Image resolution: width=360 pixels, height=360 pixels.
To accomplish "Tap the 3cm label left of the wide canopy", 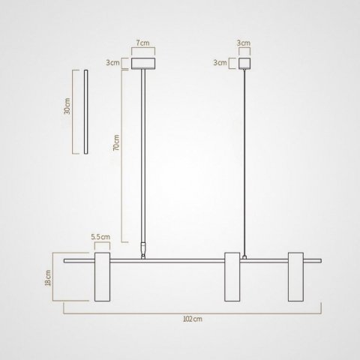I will [112, 63].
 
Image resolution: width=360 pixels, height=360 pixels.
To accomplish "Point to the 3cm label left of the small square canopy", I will [219, 63].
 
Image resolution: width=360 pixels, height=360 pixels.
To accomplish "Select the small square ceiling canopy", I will [244, 64].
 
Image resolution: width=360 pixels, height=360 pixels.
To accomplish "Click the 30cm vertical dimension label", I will [67, 109].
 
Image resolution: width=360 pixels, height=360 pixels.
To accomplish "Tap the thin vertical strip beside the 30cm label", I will [87, 112].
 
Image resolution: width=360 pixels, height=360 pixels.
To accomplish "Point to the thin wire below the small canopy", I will [244, 150].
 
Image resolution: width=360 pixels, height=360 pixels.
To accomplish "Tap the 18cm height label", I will [47, 278].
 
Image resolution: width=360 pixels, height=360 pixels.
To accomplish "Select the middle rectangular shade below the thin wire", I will [232, 278].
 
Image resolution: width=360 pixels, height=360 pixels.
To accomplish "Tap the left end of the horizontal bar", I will [66, 262].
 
